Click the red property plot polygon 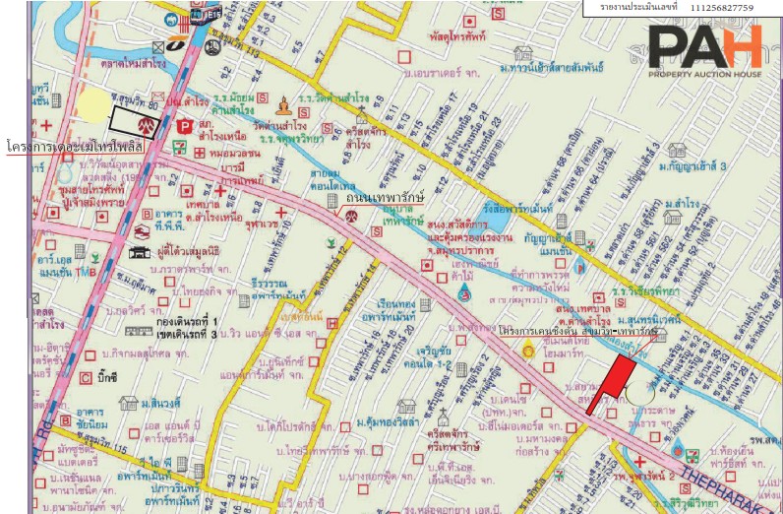tap(609, 383)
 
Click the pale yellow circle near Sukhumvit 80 tap(93, 106)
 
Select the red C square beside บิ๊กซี tap(86, 375)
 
